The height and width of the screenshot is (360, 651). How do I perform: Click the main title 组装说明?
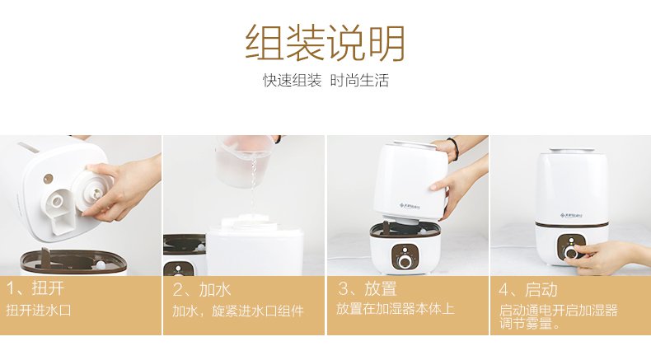coord(325,43)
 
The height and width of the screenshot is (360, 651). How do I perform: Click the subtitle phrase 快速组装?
coord(293,80)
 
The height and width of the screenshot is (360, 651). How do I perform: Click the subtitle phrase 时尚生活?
coord(359,80)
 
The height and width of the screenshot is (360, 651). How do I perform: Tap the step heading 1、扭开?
coord(35,288)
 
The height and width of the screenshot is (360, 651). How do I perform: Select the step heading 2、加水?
coord(201,289)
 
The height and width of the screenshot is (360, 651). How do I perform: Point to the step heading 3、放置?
coord(367,289)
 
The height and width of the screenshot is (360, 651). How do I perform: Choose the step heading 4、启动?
coord(528,290)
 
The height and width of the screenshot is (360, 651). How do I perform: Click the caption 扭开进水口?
coord(39,311)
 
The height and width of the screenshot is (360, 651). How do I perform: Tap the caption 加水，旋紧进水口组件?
coord(238,311)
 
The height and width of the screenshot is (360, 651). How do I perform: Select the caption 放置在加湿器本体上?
coord(396,308)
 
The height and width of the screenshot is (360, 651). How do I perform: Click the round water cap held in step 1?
coord(92,191)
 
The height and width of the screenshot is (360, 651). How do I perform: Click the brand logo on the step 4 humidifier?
coord(571,215)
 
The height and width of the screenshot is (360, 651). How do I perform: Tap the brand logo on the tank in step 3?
coord(410,205)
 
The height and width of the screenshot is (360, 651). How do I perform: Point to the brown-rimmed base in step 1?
coord(73,262)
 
